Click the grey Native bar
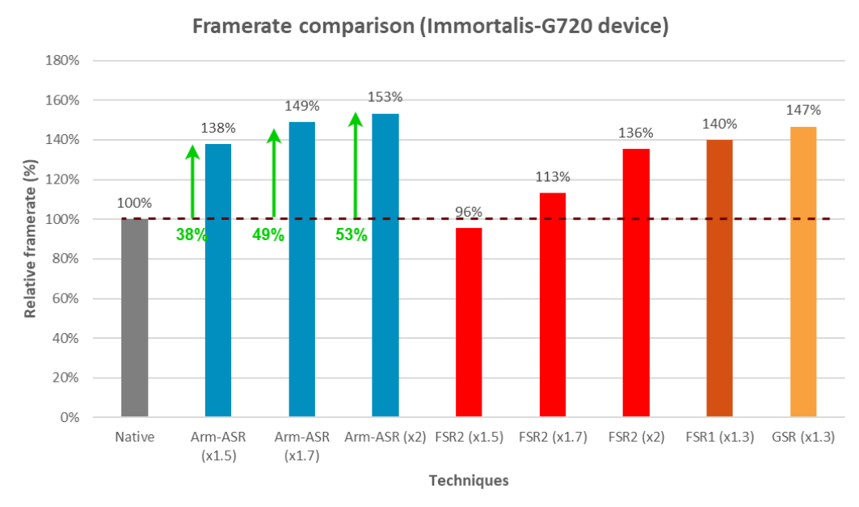134,318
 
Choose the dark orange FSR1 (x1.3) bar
719,278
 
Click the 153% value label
385,98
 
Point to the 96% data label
468,213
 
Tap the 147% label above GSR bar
802,110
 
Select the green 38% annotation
192,235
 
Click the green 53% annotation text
352,235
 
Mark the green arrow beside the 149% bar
273,173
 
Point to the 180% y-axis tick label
63,61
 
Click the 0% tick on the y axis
69,418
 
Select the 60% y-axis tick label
66,299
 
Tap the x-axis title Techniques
469,480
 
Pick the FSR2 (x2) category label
635,437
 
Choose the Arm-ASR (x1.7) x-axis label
301,446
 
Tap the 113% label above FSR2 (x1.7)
552,177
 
